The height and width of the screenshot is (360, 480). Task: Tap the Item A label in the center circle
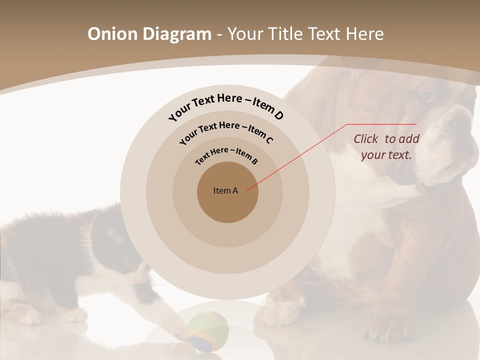(225, 190)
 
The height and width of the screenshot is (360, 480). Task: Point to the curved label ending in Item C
(226, 131)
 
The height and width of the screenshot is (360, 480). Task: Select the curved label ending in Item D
(226, 106)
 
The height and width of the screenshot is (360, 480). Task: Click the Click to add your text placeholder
(386, 147)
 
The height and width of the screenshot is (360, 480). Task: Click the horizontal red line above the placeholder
(381, 124)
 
